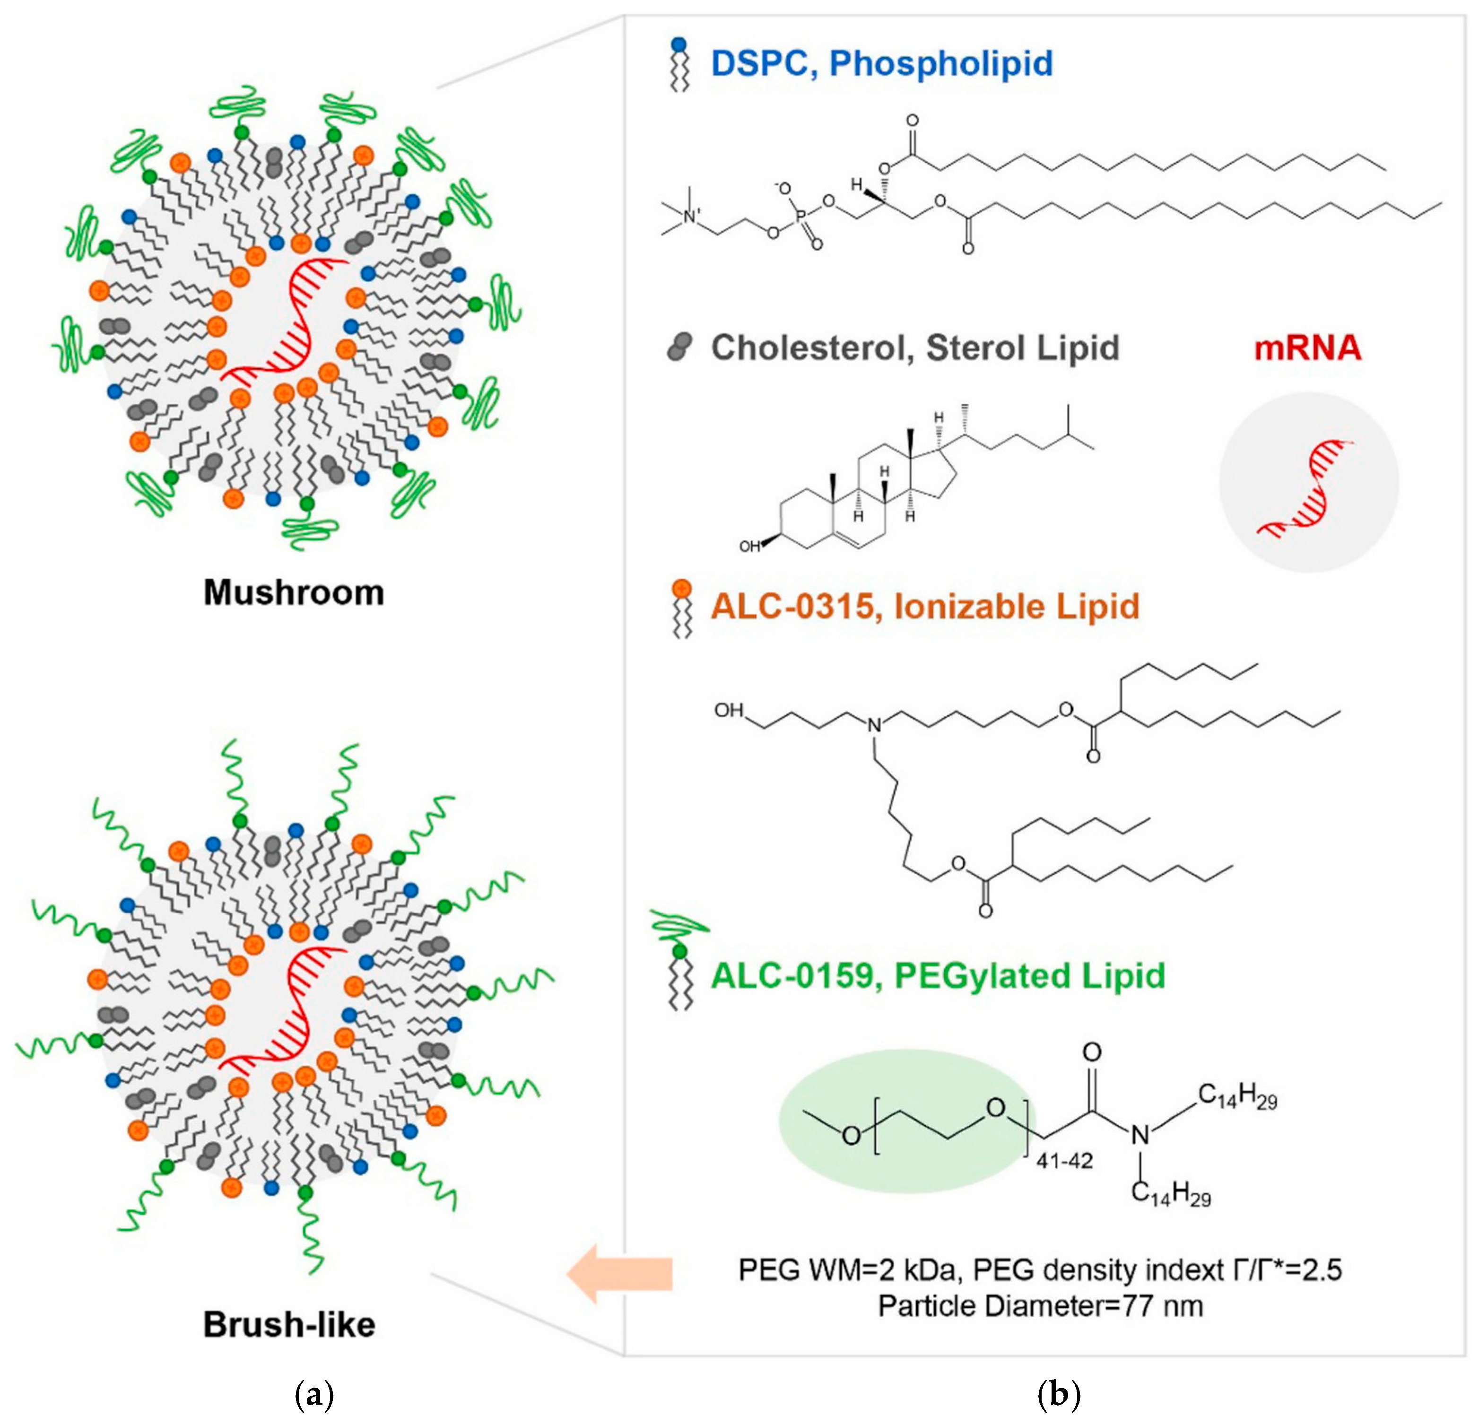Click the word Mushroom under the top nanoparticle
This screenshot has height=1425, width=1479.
pyautogui.click(x=294, y=593)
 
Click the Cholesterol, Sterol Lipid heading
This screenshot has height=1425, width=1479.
pyautogui.click(x=914, y=348)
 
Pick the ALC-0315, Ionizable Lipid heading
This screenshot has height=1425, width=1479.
pyautogui.click(x=924, y=607)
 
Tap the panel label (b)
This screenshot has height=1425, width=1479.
pyautogui.click(x=1059, y=1395)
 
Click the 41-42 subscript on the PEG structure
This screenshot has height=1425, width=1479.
pyautogui.click(x=1064, y=1162)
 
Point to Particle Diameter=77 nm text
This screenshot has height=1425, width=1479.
pyautogui.click(x=1040, y=1306)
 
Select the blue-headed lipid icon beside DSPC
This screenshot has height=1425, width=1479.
pyautogui.click(x=680, y=65)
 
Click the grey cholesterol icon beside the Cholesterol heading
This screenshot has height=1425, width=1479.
pyautogui.click(x=679, y=348)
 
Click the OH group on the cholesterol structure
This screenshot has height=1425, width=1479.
pyautogui.click(x=749, y=546)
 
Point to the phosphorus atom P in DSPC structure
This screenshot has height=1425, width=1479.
pyautogui.click(x=800, y=217)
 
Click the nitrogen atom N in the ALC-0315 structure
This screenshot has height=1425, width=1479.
pyautogui.click(x=874, y=726)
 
